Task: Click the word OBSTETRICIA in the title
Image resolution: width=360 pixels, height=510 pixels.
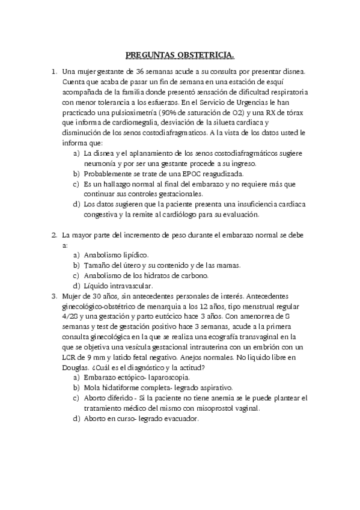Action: coord(206,56)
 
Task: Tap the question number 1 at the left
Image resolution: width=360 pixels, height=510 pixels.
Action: coord(54,71)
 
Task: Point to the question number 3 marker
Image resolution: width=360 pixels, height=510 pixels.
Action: coord(54,296)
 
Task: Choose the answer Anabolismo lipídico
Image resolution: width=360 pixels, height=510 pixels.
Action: coord(115,254)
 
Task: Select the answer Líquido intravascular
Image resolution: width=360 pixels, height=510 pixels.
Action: coord(118,285)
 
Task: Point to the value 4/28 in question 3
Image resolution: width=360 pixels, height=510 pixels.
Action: coord(70,316)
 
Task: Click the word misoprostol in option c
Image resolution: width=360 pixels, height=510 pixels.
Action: coord(210,408)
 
